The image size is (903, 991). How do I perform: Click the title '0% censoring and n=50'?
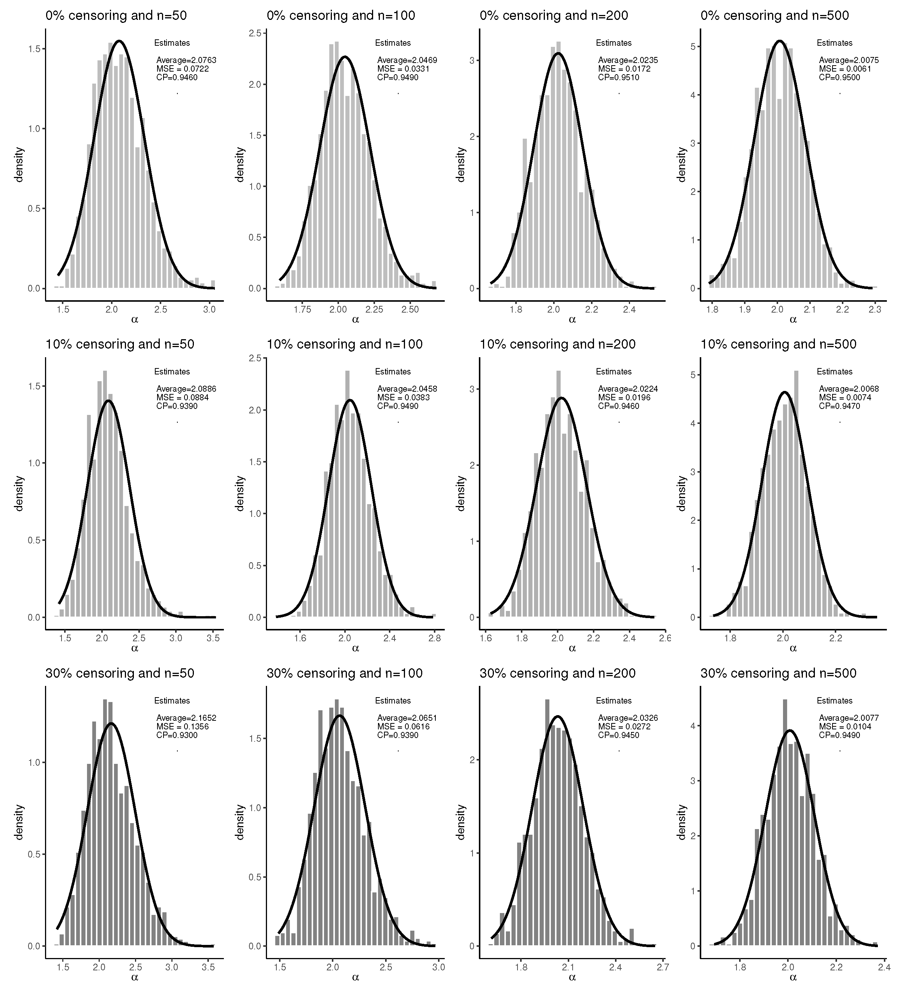tap(116, 15)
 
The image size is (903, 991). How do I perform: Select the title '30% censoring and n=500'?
tap(778, 673)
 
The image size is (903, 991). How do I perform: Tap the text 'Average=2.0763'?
tap(186, 60)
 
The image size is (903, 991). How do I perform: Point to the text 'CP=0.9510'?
tap(618, 77)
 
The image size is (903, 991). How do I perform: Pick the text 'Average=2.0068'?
tap(848, 389)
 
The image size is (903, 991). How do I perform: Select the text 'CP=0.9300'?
tap(177, 735)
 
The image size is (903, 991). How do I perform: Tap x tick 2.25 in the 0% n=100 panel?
tap(374, 310)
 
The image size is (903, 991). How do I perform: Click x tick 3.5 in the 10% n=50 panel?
tap(213, 639)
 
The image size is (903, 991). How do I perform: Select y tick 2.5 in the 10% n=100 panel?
tap(255, 358)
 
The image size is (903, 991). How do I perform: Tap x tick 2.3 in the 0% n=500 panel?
tap(874, 310)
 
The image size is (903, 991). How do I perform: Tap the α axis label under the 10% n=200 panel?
tap(572, 648)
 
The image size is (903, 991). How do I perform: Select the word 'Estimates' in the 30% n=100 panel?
tap(393, 701)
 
